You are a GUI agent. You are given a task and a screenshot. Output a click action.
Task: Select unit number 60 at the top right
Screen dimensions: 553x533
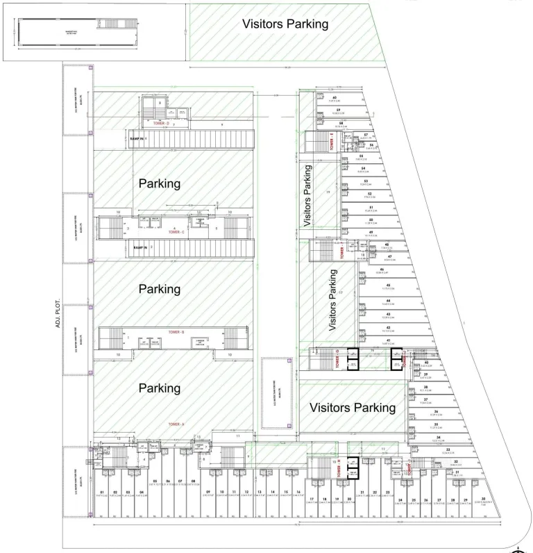point(335,97)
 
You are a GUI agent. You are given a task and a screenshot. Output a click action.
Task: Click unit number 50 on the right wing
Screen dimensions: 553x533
point(371,220)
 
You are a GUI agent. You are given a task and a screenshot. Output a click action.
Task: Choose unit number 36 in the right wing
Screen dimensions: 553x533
point(436,412)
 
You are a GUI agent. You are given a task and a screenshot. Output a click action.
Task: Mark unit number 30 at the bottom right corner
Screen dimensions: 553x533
point(483,500)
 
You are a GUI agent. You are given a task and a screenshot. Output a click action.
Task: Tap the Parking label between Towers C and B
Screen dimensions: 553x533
point(160,288)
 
